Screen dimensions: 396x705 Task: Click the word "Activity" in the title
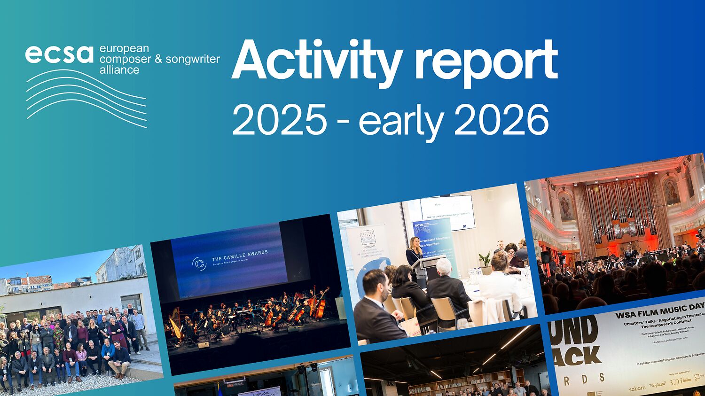pos(316,61)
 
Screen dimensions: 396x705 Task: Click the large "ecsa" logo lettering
pos(59,54)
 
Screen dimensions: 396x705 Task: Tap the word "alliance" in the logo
pos(119,70)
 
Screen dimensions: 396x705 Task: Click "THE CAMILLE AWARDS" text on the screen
pos(240,255)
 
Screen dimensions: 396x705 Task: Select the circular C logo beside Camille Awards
pos(199,264)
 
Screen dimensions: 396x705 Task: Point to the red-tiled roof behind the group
pos(35,280)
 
